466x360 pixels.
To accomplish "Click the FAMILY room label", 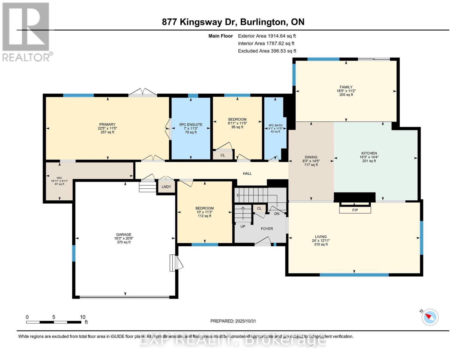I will coord(346,87).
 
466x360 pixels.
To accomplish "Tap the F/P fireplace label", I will coord(355,210).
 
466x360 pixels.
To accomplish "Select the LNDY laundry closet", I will coord(166,187).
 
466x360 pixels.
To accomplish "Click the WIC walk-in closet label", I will coord(59,178).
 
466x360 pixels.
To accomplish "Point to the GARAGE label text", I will coord(124,235).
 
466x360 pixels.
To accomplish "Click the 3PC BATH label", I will coord(275,125).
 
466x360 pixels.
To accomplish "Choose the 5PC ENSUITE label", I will coord(191,124).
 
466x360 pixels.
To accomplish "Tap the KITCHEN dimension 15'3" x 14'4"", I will coord(369,157).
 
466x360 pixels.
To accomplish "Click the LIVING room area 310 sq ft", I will coord(321,244).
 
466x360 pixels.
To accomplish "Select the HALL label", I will coord(247,173).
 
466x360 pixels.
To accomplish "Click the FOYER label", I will coord(267,229).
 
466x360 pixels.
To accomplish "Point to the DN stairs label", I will coord(277,214).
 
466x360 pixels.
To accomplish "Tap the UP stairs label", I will coord(243,226).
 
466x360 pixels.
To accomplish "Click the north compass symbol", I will coord(430,317).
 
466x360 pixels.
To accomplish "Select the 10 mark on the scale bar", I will coord(83,317).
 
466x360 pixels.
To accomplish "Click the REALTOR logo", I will coord(26,31).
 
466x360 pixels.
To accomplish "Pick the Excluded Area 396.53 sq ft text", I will coord(267,51).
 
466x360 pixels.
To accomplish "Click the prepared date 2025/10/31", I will coord(233,321).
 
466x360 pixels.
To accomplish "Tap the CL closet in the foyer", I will coord(259,208).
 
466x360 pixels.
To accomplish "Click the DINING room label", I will coord(311,157).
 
